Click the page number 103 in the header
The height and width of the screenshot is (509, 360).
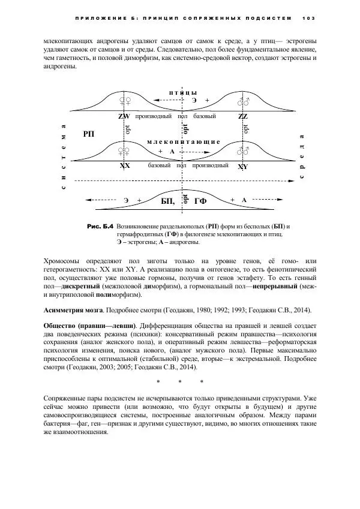(x=309, y=17)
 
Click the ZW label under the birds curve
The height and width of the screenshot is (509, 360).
(x=124, y=116)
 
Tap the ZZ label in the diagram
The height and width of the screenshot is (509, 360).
(x=243, y=116)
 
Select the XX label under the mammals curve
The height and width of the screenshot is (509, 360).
(x=125, y=165)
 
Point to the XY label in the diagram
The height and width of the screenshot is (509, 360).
(x=243, y=166)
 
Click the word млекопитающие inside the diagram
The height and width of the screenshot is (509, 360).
(x=184, y=141)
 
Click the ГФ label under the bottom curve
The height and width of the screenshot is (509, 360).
(x=200, y=202)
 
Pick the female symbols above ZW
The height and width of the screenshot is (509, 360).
(x=125, y=101)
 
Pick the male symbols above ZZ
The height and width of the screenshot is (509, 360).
(x=243, y=101)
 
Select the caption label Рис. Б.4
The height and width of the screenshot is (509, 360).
(x=100, y=227)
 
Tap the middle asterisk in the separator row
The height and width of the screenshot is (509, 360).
(x=180, y=382)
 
